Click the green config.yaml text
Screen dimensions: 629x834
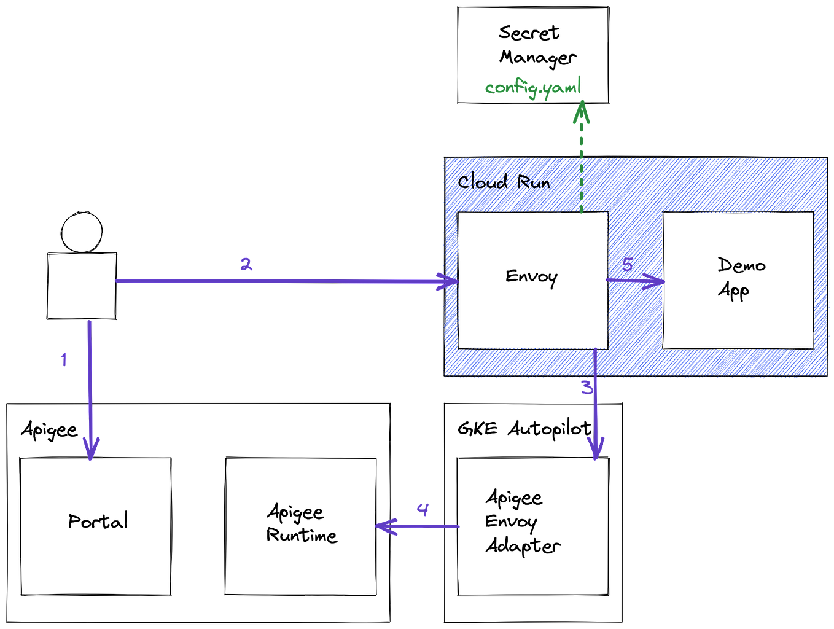click(x=533, y=88)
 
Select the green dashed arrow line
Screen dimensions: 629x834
click(x=581, y=166)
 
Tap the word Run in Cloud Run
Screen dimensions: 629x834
click(x=533, y=182)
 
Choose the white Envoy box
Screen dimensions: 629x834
click(x=532, y=319)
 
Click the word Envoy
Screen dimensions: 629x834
click(x=531, y=277)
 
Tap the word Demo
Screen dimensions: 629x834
click(x=741, y=265)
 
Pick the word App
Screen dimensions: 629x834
click(x=733, y=290)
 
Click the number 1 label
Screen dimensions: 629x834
click(x=63, y=359)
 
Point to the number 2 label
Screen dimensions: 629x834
click(x=246, y=264)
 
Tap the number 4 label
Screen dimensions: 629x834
click(x=423, y=509)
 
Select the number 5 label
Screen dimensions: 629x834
click(x=627, y=264)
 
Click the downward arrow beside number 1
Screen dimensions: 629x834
click(x=90, y=393)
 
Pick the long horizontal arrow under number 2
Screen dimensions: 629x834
click(x=283, y=281)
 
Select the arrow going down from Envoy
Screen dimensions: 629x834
click(x=595, y=418)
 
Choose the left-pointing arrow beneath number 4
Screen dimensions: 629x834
click(x=418, y=526)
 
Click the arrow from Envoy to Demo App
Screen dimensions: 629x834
click(x=634, y=281)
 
